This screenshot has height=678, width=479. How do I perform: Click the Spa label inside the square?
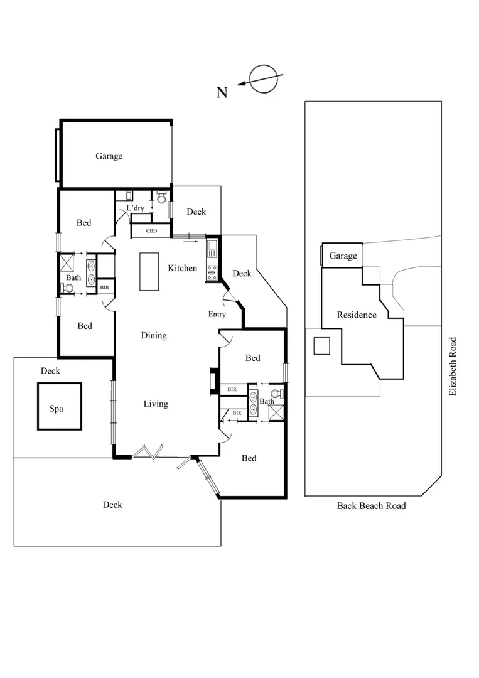click(x=57, y=408)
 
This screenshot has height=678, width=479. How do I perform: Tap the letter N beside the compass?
click(x=222, y=93)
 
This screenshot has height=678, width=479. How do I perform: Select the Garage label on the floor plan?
click(x=109, y=156)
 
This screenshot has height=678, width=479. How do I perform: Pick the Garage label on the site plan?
click(x=343, y=256)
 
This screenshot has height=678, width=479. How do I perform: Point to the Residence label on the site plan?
click(x=356, y=315)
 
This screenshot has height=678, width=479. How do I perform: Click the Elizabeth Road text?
click(x=452, y=367)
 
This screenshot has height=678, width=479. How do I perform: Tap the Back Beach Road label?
click(x=371, y=506)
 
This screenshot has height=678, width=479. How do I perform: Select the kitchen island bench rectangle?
click(x=150, y=271)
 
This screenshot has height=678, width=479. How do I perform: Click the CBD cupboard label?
click(x=151, y=231)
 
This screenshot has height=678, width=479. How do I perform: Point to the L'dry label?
click(x=135, y=208)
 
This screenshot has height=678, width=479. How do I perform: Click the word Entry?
click(x=217, y=315)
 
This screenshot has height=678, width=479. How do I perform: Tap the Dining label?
click(x=154, y=336)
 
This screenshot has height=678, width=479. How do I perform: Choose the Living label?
click(x=156, y=404)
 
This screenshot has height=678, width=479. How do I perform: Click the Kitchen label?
click(x=183, y=269)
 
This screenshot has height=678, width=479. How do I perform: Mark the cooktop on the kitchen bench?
click(x=212, y=272)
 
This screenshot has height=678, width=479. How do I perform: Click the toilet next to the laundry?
click(x=161, y=198)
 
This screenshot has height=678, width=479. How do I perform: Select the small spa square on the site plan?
click(x=321, y=346)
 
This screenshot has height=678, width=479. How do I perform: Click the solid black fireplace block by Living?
click(x=214, y=381)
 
